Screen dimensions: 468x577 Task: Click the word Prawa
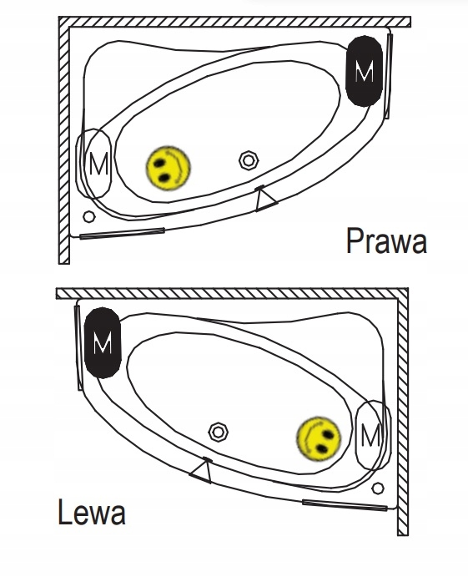pos(386,240)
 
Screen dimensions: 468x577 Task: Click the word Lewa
pos(92,512)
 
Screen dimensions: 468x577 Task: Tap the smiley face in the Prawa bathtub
pos(169,168)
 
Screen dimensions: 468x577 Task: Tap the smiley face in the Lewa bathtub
pos(319,438)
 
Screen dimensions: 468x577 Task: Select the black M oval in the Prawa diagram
pos(365,71)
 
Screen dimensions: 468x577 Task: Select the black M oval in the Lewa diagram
pos(103,342)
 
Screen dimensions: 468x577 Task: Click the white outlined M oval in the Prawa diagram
pos(93,164)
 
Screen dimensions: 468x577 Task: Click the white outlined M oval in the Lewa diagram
pos(373,435)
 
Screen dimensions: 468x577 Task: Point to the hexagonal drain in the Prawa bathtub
pos(249,160)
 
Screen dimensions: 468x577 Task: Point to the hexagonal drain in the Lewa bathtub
pos(219,432)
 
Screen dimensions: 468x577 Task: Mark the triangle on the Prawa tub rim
pos(264,199)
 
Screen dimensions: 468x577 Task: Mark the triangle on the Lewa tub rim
pos(201,471)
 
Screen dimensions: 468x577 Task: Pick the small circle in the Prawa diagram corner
pos(89,216)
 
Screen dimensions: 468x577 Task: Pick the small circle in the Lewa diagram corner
pos(378,488)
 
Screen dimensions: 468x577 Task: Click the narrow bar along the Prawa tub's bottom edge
pos(122,233)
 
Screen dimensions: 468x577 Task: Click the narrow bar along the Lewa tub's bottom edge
pos(345,505)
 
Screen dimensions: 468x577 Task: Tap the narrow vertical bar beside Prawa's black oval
pos(388,76)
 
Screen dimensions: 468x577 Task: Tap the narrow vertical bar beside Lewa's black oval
pos(78,347)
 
